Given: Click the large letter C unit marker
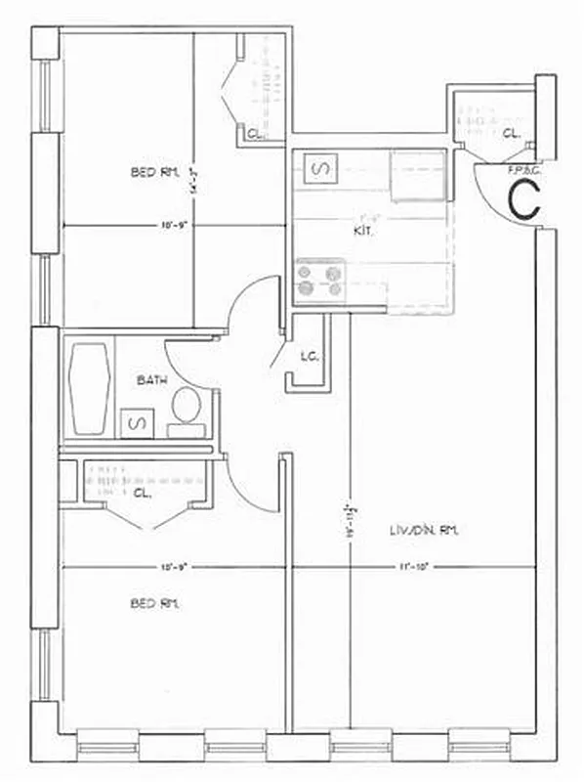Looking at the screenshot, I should click(524, 199).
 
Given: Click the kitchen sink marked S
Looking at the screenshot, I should click(320, 170).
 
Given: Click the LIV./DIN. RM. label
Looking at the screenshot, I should click(422, 530).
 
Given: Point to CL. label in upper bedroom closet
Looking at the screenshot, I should click(253, 134).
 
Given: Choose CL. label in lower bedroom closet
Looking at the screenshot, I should click(143, 494).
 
